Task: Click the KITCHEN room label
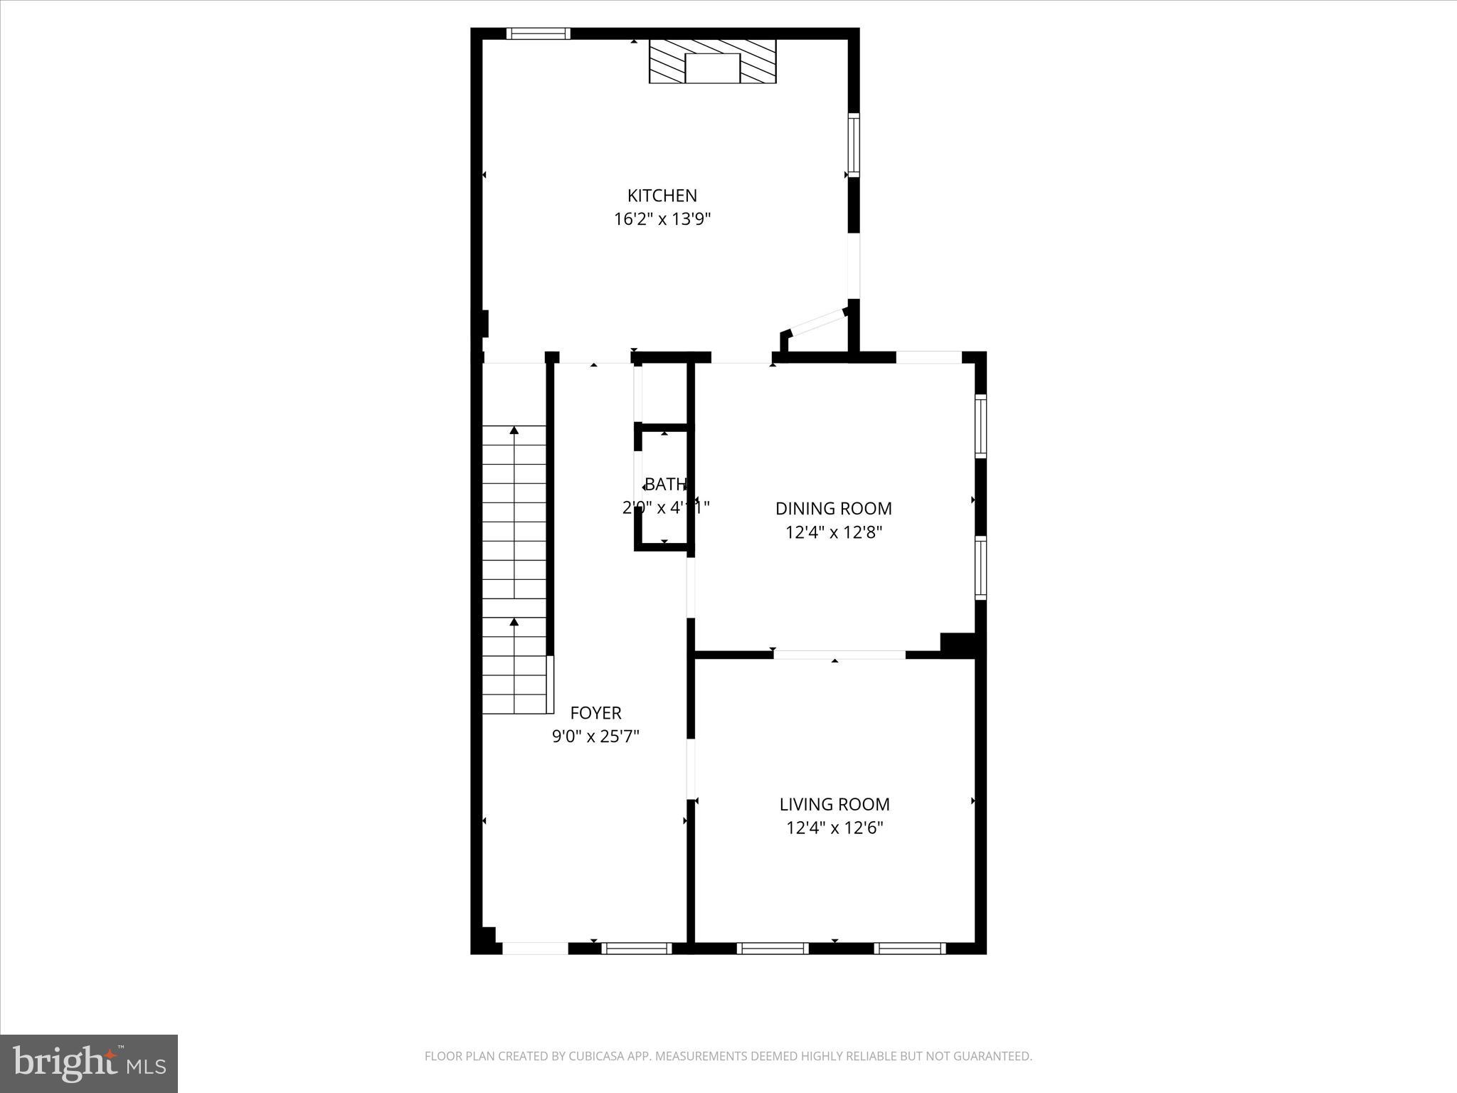662,196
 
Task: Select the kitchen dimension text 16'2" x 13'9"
662,219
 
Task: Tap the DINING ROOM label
833,509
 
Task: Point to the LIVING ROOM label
834,805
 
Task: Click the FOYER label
595,713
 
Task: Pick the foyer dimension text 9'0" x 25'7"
595,736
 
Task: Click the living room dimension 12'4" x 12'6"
834,828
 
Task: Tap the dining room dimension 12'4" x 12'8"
833,532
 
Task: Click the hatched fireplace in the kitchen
712,61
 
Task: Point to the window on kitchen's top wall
538,33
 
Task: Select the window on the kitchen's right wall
854,145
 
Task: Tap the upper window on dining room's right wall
980,426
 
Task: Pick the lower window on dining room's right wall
980,567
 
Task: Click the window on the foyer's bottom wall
637,948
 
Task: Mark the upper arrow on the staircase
514,431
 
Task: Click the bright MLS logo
89,1063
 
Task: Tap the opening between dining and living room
839,655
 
